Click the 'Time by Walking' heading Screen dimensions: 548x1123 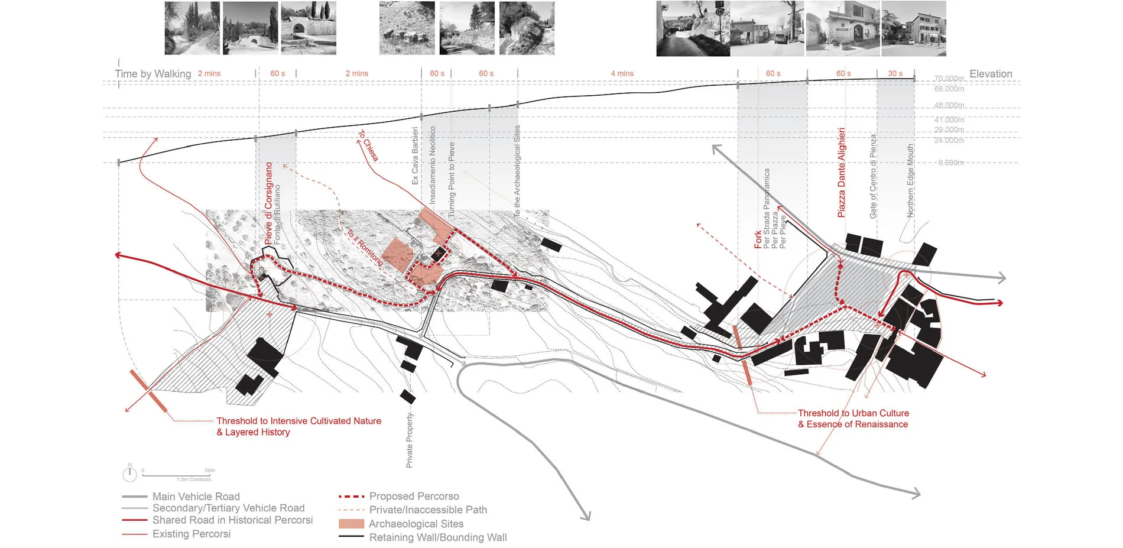153,74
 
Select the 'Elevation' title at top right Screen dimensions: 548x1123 991,74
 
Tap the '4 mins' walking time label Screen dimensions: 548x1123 622,74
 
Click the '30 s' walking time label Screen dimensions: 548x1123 895,74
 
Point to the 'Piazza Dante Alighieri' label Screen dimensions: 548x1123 842,173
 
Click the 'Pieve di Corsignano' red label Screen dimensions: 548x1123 269,203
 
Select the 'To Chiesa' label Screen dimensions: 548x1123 368,146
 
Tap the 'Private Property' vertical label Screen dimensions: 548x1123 410,440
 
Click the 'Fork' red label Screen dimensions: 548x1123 758,239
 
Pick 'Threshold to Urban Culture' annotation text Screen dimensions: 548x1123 853,413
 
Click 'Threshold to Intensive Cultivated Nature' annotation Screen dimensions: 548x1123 298,421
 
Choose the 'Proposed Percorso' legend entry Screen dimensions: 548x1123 414,496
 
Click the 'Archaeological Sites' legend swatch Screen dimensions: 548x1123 351,524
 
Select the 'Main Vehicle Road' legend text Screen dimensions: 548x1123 196,497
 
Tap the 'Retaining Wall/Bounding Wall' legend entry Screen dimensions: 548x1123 437,537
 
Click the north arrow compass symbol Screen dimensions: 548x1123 129,473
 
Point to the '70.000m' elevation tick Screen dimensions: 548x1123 949,79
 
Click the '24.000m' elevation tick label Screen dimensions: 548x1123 949,140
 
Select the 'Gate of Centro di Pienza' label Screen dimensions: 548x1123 873,176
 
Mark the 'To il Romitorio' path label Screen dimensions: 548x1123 364,247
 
